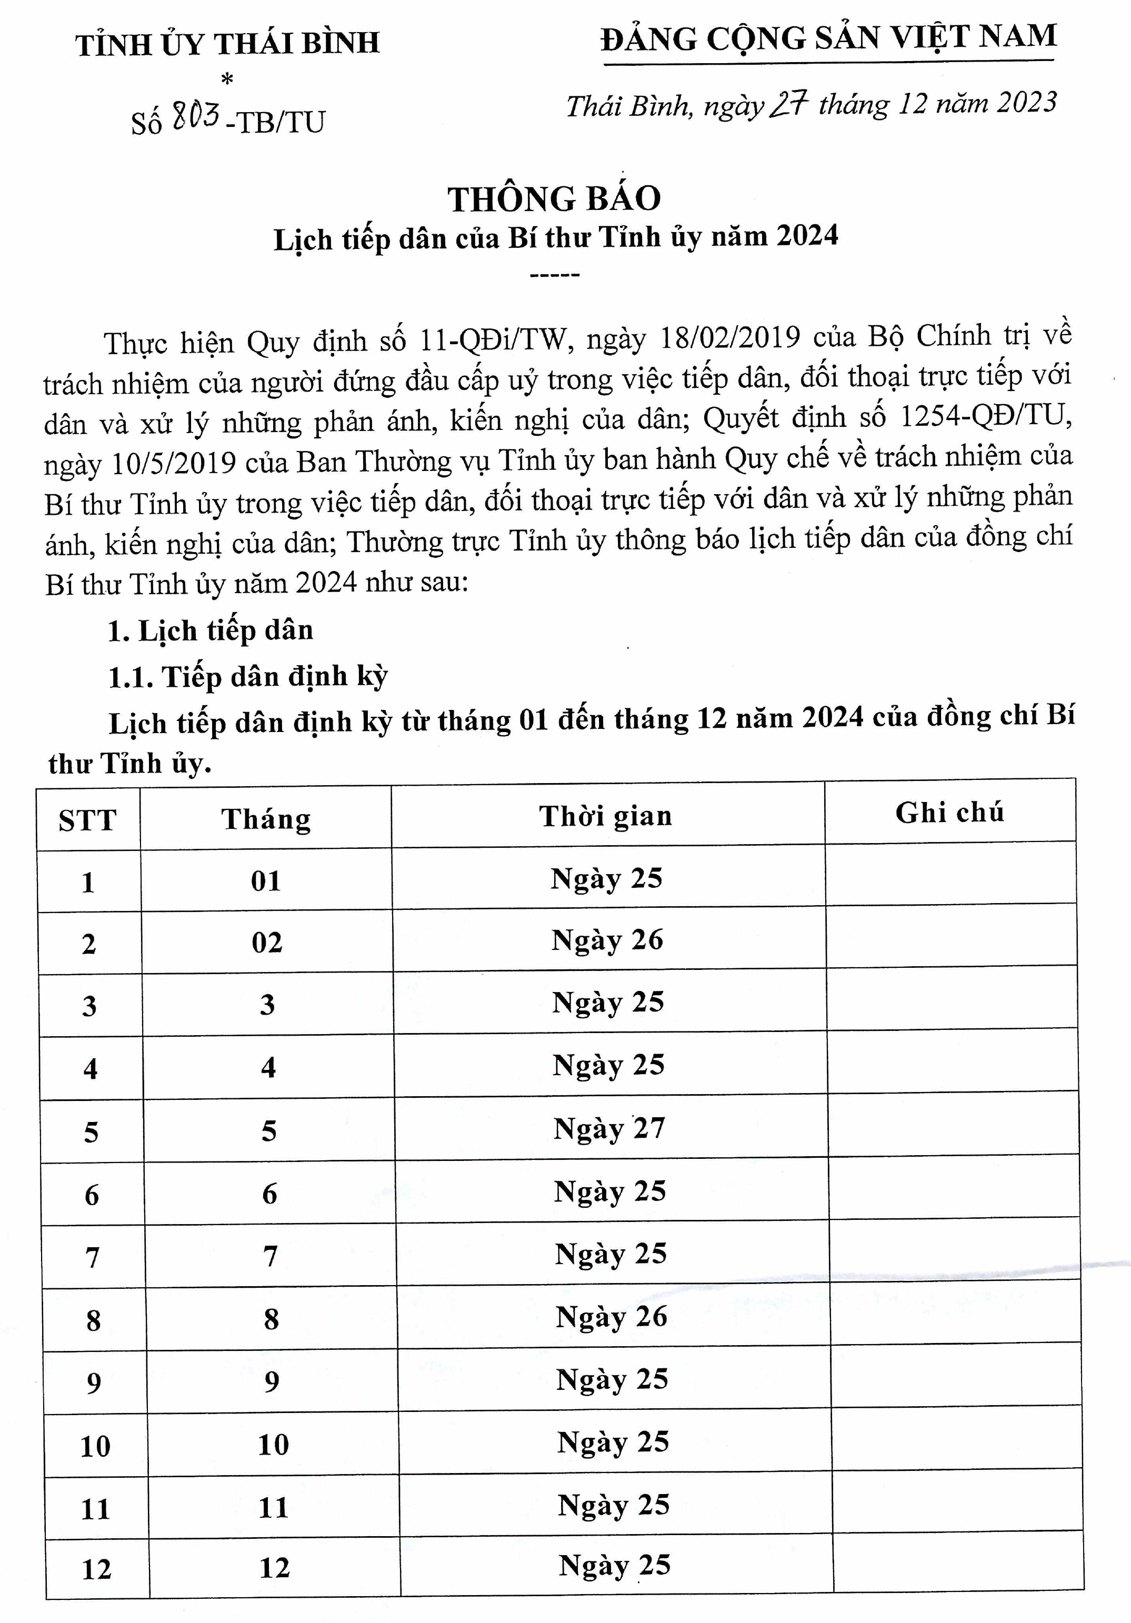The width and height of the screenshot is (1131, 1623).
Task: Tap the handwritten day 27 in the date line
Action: tap(788, 105)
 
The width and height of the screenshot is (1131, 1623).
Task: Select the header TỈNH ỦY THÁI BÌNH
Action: tap(227, 44)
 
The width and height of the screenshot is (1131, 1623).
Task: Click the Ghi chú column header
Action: tap(949, 813)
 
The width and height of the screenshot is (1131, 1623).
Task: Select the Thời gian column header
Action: tap(606, 816)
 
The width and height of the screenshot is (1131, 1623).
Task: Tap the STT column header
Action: tap(88, 820)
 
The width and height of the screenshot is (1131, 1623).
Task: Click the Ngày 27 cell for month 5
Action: tap(609, 1129)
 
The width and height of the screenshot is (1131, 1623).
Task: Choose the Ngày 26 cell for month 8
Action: tap(612, 1317)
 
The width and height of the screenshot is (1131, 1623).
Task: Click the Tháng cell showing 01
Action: tap(266, 881)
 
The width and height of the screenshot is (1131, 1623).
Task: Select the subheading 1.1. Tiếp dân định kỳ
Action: tap(247, 676)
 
